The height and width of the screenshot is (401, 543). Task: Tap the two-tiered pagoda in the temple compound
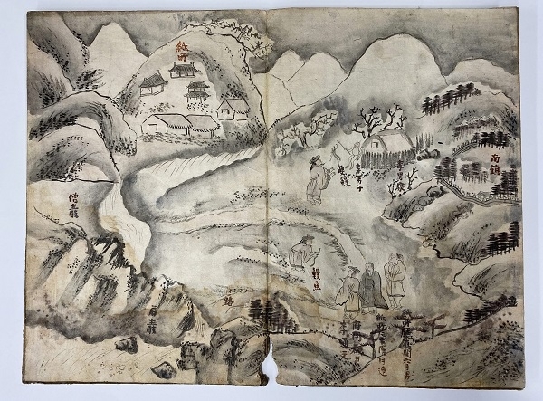click(196, 91)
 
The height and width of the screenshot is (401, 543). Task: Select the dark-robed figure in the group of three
click(369, 288)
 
